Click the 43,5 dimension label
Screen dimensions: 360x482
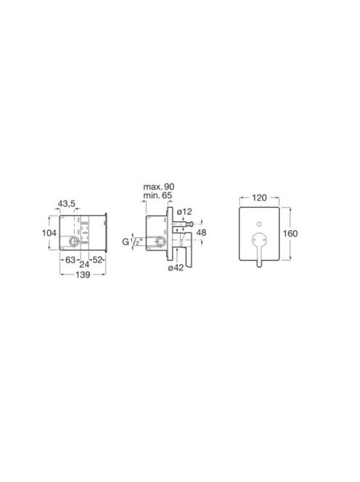pos(67,203)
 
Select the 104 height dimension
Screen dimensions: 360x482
pos(49,233)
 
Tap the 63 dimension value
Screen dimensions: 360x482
pos(70,260)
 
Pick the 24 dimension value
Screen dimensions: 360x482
pos(84,264)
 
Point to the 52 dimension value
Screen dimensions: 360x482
pos(97,260)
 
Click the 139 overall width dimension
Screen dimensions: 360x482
pos(83,274)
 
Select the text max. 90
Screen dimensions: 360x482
pos(159,187)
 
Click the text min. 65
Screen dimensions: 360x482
pos(157,195)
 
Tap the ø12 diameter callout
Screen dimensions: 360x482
pos(184,212)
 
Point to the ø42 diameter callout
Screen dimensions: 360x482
pos(176,268)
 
